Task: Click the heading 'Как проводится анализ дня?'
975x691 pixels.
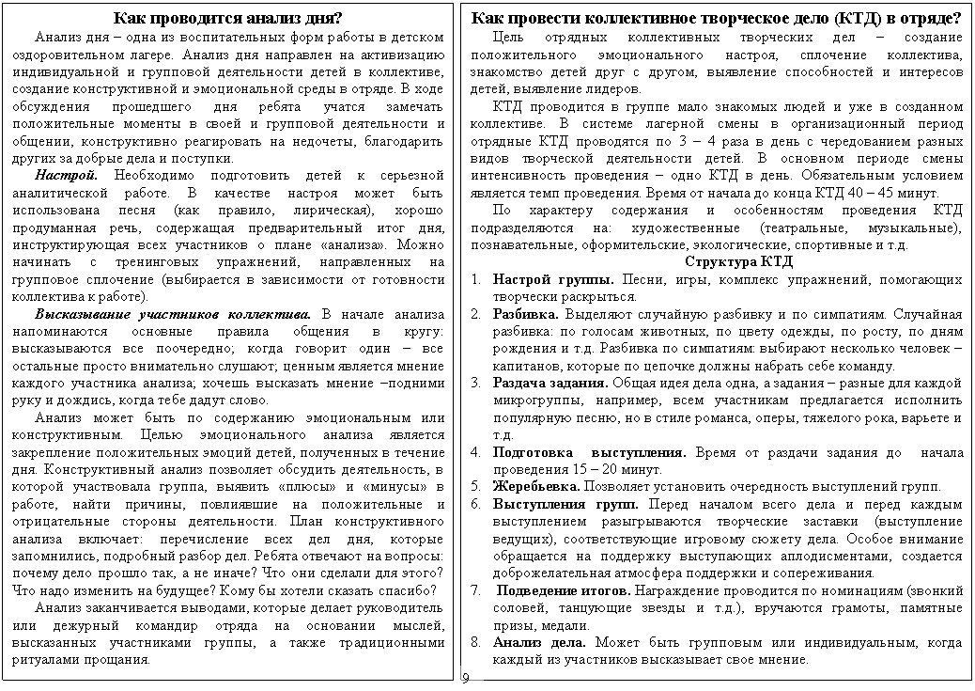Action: (x=227, y=19)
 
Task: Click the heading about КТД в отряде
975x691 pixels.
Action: (x=716, y=19)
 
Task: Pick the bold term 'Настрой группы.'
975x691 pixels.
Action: (x=552, y=279)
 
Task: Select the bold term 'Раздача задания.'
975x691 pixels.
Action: (x=550, y=383)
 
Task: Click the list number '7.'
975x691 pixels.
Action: (x=477, y=590)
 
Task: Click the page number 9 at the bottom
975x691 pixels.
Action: (x=464, y=678)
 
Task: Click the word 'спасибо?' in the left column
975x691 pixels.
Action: (x=408, y=590)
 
